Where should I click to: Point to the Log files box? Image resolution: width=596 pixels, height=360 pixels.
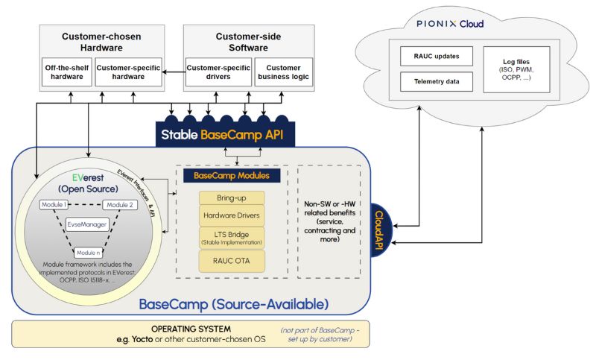click(x=516, y=69)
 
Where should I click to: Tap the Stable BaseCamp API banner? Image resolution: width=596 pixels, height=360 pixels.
click(x=227, y=135)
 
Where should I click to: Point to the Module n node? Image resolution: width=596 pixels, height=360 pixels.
click(x=89, y=252)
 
